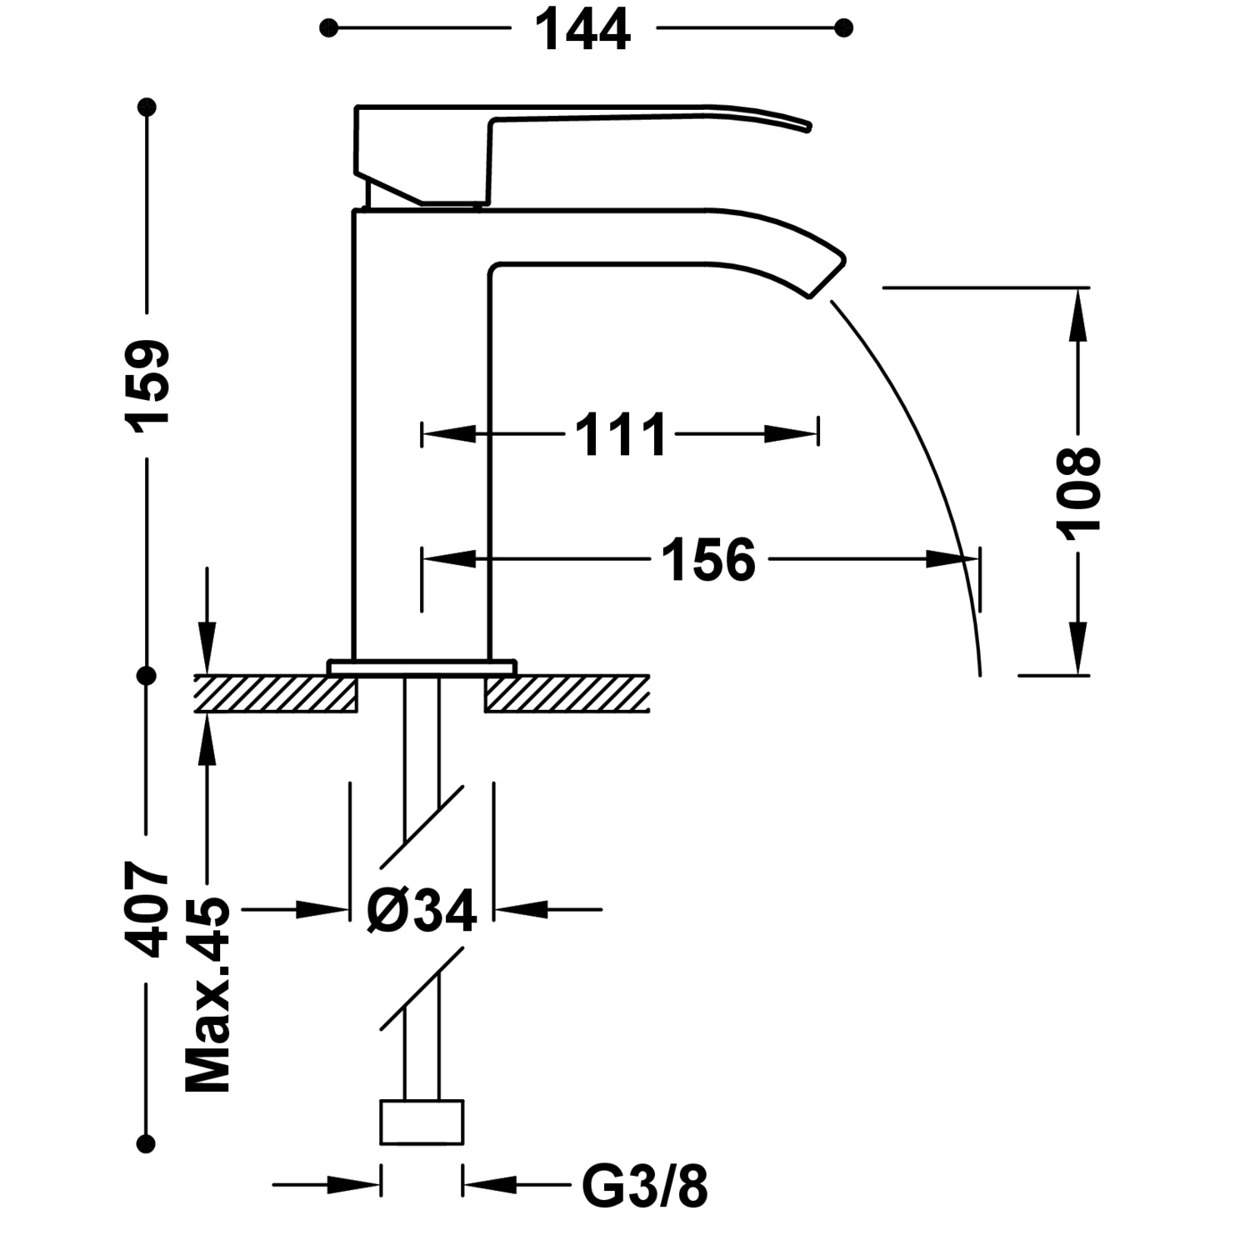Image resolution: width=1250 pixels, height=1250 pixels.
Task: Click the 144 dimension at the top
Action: pyautogui.click(x=582, y=29)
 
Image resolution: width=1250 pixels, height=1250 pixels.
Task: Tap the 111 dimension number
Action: pyautogui.click(x=622, y=434)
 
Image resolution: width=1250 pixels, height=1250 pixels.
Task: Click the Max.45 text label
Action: pyautogui.click(x=207, y=996)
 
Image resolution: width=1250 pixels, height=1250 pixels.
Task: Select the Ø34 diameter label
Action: pyautogui.click(x=422, y=910)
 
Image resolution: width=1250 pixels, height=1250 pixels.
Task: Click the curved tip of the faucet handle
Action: pyautogui.click(x=807, y=125)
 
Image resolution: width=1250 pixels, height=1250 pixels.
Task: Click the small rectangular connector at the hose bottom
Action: pyautogui.click(x=422, y=1122)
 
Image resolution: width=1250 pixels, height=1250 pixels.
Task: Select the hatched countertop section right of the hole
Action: pyautogui.click(x=567, y=693)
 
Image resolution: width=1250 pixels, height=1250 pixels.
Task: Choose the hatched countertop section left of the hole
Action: pyautogui.click(x=276, y=693)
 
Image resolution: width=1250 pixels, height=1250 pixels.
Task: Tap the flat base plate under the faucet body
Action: pyautogui.click(x=422, y=667)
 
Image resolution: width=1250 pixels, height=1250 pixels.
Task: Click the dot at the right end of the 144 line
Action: pyautogui.click(x=843, y=28)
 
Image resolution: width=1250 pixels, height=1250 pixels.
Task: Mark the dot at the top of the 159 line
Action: pyautogui.click(x=147, y=107)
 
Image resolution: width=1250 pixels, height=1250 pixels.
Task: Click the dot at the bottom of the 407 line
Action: pyautogui.click(x=147, y=1143)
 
